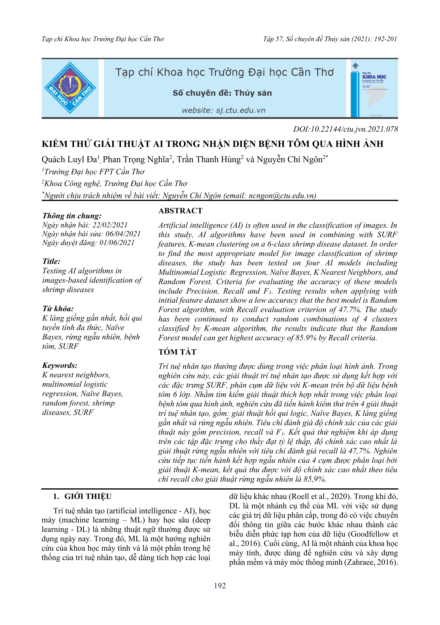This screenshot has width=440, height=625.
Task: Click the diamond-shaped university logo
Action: tap(70, 88)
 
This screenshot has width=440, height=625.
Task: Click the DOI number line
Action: tap(345, 129)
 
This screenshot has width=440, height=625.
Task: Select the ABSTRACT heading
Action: tap(180, 211)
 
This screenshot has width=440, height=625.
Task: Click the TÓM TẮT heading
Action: tap(177, 352)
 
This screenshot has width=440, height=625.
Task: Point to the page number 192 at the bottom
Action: tap(220, 592)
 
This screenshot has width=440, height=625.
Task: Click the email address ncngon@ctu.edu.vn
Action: tap(281, 196)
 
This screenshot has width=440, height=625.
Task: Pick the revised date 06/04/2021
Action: tap(123, 234)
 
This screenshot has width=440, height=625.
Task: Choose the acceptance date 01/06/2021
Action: tap(117, 243)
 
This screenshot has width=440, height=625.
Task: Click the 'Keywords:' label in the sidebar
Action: tap(60, 365)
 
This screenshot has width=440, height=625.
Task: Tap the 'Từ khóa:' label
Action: tap(58, 309)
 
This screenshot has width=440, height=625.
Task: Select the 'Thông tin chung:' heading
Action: tap(72, 216)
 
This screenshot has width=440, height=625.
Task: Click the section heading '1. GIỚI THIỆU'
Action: tap(82, 496)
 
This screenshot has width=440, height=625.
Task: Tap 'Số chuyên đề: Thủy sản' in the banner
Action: tap(222, 93)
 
